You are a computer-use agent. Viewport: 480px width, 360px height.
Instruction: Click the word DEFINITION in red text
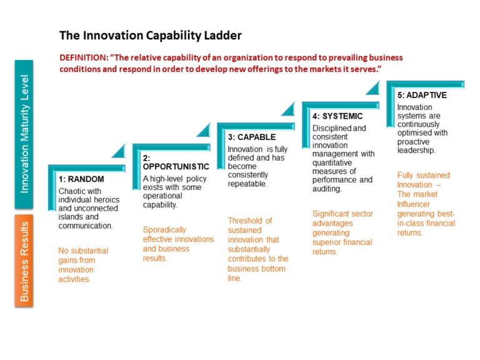pyautogui.click(x=84, y=57)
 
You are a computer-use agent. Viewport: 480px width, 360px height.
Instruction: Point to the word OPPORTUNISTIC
pyautogui.click(x=176, y=167)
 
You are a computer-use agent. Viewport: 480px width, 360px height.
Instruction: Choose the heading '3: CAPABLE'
pyautogui.click(x=251, y=137)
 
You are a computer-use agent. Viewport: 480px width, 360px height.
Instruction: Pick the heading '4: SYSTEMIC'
pyautogui.click(x=337, y=116)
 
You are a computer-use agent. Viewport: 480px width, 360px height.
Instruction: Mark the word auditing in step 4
pyautogui.click(x=326, y=189)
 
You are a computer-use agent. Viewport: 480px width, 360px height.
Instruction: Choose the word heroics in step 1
pyautogui.click(x=104, y=199)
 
